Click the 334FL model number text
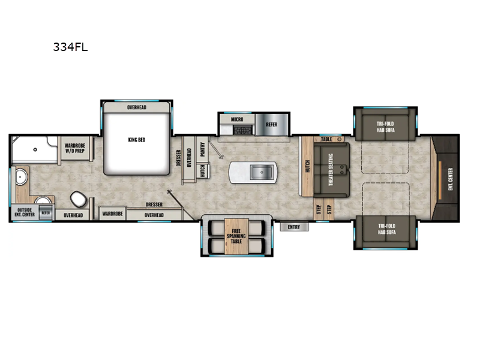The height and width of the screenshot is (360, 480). (x=71, y=47)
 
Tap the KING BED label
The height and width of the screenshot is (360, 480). (x=137, y=140)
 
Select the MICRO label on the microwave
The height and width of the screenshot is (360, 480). (x=238, y=120)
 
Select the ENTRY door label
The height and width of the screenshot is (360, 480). (x=294, y=227)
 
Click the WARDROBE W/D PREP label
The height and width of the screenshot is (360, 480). (x=75, y=147)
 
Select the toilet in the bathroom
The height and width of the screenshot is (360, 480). (x=77, y=197)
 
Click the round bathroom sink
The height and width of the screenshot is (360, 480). (x=23, y=177)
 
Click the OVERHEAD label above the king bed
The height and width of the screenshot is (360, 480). (x=137, y=107)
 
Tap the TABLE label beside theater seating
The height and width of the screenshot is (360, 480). (x=326, y=139)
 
